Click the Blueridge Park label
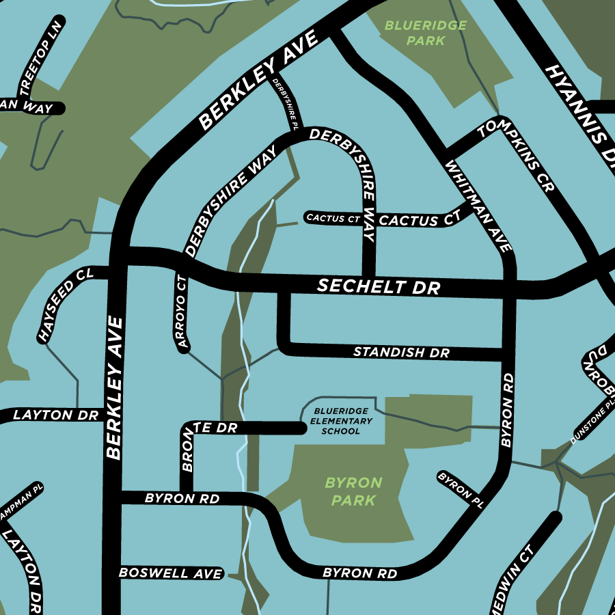[425, 33]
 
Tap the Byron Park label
[353, 491]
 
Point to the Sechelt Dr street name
[379, 287]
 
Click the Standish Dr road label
[401, 353]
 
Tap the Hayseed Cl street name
[66, 305]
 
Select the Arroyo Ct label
[182, 313]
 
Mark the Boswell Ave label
[171, 573]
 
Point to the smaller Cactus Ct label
[333, 219]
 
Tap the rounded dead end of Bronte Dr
[300, 428]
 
